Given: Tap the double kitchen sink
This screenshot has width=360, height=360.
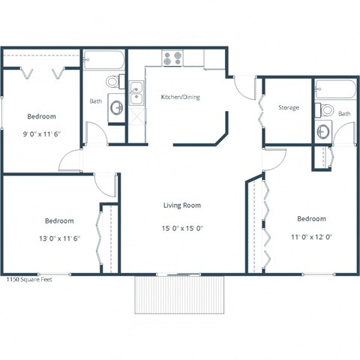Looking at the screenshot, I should pyautogui.click(x=136, y=94).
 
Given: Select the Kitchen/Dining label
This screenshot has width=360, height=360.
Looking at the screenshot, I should pyautogui.click(x=180, y=97).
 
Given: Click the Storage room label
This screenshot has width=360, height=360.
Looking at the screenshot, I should pyautogui.click(x=289, y=108).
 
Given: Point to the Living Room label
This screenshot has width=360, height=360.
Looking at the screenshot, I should pyautogui.click(x=182, y=205).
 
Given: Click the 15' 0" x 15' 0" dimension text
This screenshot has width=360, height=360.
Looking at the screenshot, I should pyautogui.click(x=182, y=228).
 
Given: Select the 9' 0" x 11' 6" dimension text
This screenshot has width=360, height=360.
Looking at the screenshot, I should pyautogui.click(x=41, y=135).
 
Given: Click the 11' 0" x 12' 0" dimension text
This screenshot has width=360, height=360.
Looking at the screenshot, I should pyautogui.click(x=310, y=236).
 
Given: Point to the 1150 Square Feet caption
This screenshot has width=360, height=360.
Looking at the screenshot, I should pyautogui.click(x=29, y=278).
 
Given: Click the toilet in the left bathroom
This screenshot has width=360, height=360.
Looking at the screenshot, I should pyautogui.click(x=113, y=81).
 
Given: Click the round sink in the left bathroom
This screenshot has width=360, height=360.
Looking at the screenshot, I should pyautogui.click(x=117, y=108).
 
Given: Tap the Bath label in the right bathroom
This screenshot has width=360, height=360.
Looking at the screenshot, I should pyautogui.click(x=343, y=114).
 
